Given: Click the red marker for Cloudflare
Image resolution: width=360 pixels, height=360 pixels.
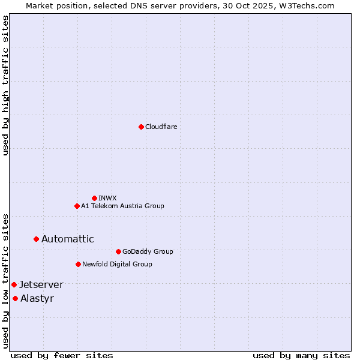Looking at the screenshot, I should [x=141, y=127].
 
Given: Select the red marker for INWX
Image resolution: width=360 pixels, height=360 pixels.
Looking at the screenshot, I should [x=94, y=198].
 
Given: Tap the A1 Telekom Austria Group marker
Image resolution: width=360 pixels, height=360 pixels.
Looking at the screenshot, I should [x=77, y=206].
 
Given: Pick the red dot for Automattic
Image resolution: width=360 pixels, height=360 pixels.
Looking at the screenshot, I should [x=36, y=239].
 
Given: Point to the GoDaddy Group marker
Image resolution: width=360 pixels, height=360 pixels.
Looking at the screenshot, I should [x=118, y=251].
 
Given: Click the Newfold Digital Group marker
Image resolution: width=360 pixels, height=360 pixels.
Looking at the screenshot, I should [x=78, y=264].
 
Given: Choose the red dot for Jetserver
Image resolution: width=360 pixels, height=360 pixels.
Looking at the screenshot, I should [x=14, y=284].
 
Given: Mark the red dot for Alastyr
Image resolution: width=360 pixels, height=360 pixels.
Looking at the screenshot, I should [x=15, y=298].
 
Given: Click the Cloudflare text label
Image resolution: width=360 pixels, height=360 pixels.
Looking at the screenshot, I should [x=161, y=127].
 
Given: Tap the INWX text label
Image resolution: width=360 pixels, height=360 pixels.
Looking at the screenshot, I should [x=107, y=198].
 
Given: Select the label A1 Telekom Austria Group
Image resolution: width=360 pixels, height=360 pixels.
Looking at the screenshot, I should [x=122, y=206].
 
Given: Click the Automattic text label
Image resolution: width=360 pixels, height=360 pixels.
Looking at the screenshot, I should [x=68, y=239].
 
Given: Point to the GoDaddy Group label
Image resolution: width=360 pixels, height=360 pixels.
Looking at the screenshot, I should [x=148, y=251].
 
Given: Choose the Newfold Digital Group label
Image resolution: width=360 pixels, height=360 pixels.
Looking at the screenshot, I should [x=117, y=264].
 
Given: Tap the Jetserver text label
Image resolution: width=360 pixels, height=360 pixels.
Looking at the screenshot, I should [x=41, y=284].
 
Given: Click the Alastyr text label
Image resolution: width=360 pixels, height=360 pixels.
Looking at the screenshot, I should [x=37, y=298].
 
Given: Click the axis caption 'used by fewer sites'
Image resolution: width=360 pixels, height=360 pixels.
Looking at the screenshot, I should [x=62, y=355].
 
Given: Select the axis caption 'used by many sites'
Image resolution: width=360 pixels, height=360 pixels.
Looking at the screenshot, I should [x=301, y=355].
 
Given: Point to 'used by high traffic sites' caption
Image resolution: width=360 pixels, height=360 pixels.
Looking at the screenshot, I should [x=5, y=85].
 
